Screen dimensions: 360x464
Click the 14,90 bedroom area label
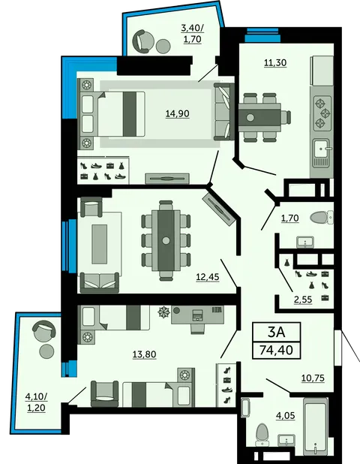[x=177, y=113]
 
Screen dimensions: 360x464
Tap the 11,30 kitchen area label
[x=275, y=63]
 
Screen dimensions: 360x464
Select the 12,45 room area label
[x=208, y=277]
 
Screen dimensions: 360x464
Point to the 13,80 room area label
[x=144, y=354]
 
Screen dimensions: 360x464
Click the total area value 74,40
[x=276, y=350]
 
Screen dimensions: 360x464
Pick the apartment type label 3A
[x=276, y=333]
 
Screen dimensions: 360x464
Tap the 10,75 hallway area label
[x=313, y=378]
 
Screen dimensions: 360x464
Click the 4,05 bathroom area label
[x=286, y=416]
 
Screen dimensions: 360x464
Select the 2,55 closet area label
[x=303, y=300]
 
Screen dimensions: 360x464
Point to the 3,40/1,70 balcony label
[x=193, y=34]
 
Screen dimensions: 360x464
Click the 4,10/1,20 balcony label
[x=37, y=402]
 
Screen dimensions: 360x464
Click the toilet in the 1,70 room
[x=322, y=218]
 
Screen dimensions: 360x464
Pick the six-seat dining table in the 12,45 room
[x=166, y=240]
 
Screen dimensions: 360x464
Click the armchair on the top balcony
[x=140, y=42]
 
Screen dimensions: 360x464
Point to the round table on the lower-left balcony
[x=46, y=351]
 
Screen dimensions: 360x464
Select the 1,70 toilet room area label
[x=290, y=218]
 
